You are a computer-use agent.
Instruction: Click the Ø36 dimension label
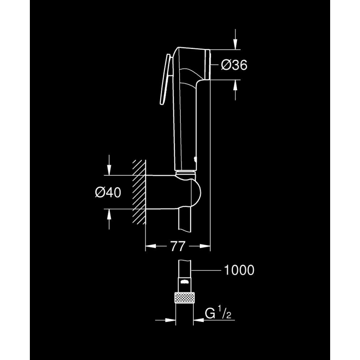(234, 65)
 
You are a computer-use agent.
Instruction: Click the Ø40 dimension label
(108, 192)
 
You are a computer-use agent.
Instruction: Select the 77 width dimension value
(178, 246)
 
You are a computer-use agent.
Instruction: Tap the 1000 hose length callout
(239, 270)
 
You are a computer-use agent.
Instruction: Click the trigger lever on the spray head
(165, 79)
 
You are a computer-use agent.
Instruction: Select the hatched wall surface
(139, 193)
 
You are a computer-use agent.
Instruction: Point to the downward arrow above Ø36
(235, 44)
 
